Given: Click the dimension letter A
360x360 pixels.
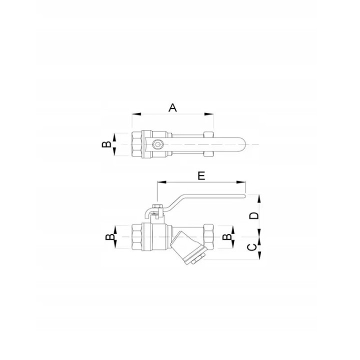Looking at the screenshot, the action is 172,107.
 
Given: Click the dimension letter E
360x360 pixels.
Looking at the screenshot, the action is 201,176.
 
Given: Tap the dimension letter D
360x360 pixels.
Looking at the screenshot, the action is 254,216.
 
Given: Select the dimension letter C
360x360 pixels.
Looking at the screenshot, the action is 252,247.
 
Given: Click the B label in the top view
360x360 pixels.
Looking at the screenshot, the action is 106,144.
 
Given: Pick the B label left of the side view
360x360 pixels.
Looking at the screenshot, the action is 110,237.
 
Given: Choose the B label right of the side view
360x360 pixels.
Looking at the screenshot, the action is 227,237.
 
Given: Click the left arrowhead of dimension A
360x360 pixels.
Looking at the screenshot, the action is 136,114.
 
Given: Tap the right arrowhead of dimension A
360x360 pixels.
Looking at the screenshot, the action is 209,114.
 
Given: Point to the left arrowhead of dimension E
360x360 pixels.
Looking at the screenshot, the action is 161,182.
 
